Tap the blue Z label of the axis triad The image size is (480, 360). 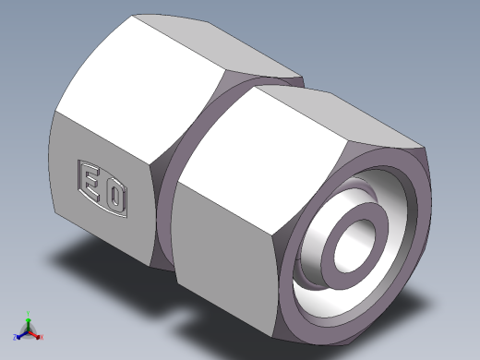pos(15,336)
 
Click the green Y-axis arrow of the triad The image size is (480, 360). pos(29,320)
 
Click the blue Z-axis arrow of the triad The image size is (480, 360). pos(21,333)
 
